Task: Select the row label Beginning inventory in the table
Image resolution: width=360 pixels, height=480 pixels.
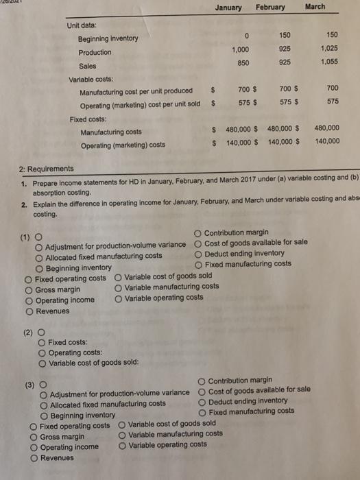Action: point(108,38)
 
